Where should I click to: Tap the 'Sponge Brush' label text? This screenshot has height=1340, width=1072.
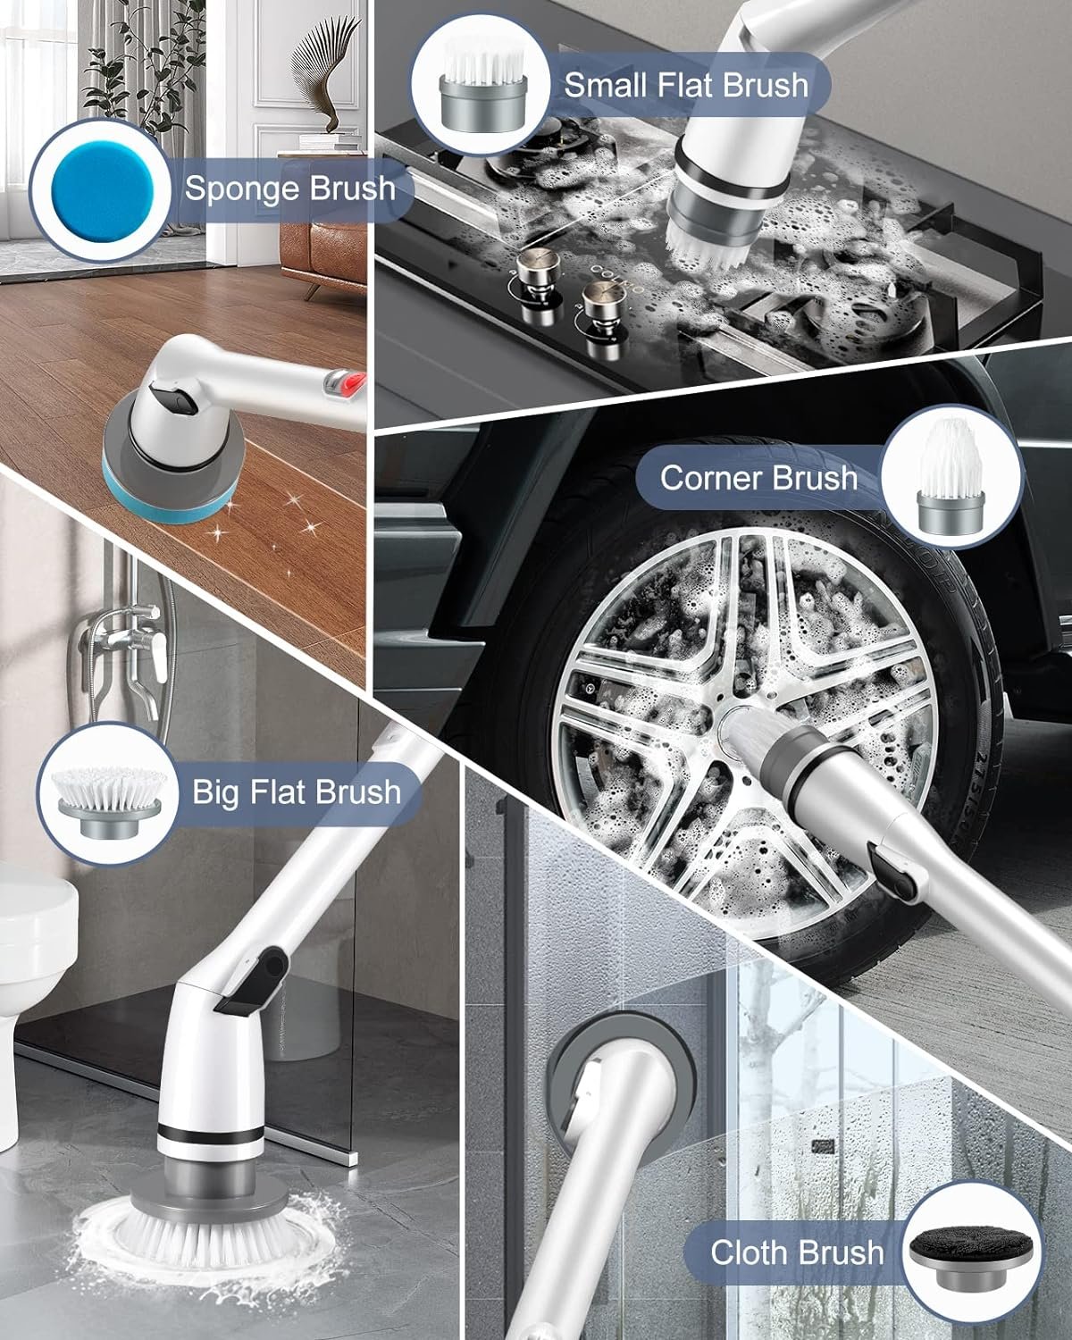[x=289, y=188]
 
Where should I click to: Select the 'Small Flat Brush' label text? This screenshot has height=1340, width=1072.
[x=686, y=85]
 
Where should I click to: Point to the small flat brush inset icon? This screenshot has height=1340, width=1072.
[x=482, y=85]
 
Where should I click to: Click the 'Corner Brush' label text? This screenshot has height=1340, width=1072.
[x=758, y=478]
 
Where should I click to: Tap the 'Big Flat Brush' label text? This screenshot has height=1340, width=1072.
[x=297, y=792]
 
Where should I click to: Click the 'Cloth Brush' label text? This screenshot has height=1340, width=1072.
[x=797, y=1252]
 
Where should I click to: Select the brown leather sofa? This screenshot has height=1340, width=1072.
[x=324, y=256]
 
